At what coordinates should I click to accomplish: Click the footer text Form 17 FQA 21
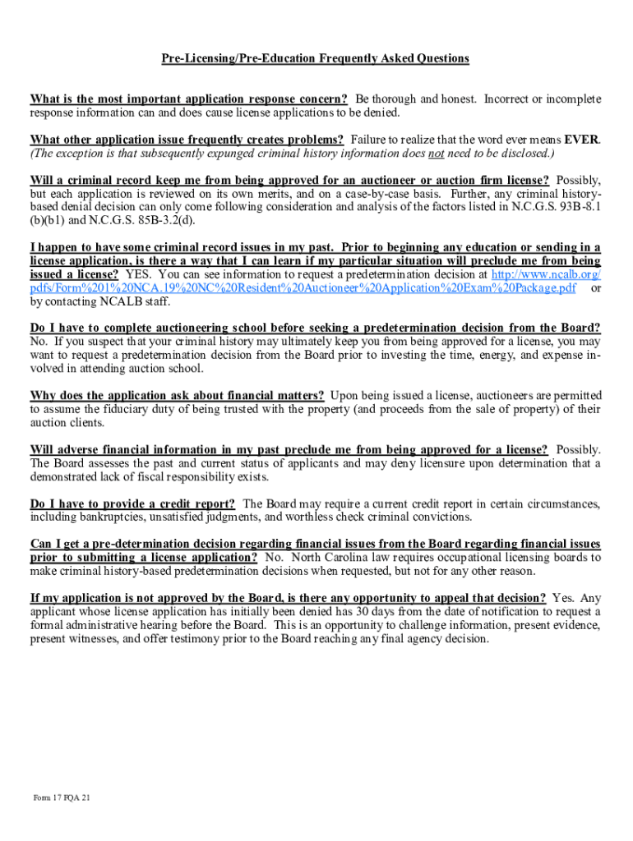pos(62,798)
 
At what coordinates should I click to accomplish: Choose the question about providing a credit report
pos(133,503)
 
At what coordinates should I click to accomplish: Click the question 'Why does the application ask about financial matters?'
pos(177,396)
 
